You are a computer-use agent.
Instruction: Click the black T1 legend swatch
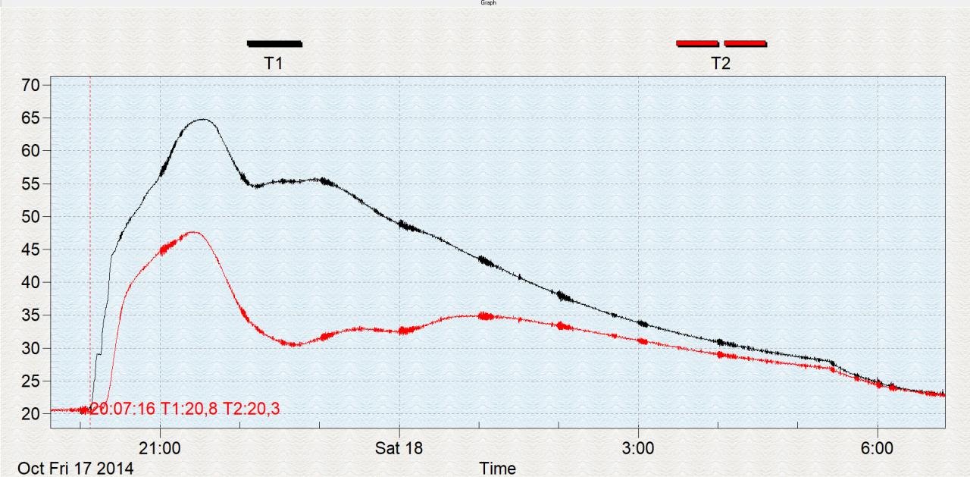[x=274, y=43]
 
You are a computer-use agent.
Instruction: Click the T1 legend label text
[x=274, y=64]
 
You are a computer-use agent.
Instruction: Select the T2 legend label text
[x=721, y=64]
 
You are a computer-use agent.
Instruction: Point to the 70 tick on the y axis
[x=30, y=85]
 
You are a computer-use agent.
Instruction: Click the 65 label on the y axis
[x=30, y=118]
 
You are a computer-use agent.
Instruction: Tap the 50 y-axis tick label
[x=30, y=217]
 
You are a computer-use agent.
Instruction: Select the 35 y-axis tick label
[x=30, y=315]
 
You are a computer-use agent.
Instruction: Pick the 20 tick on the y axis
[x=30, y=414]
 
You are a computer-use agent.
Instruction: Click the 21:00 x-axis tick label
[x=161, y=448]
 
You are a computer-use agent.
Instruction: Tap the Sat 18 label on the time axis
[x=399, y=448]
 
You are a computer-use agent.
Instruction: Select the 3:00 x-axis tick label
[x=638, y=448]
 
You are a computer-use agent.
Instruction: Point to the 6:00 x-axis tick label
[x=877, y=448]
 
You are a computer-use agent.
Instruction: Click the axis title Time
[x=497, y=468]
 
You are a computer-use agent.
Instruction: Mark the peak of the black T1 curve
[x=202, y=119]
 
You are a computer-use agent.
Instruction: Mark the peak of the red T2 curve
[x=192, y=232]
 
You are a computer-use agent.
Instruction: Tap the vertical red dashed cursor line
[x=90, y=228]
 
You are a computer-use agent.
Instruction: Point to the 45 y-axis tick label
[x=30, y=249]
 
